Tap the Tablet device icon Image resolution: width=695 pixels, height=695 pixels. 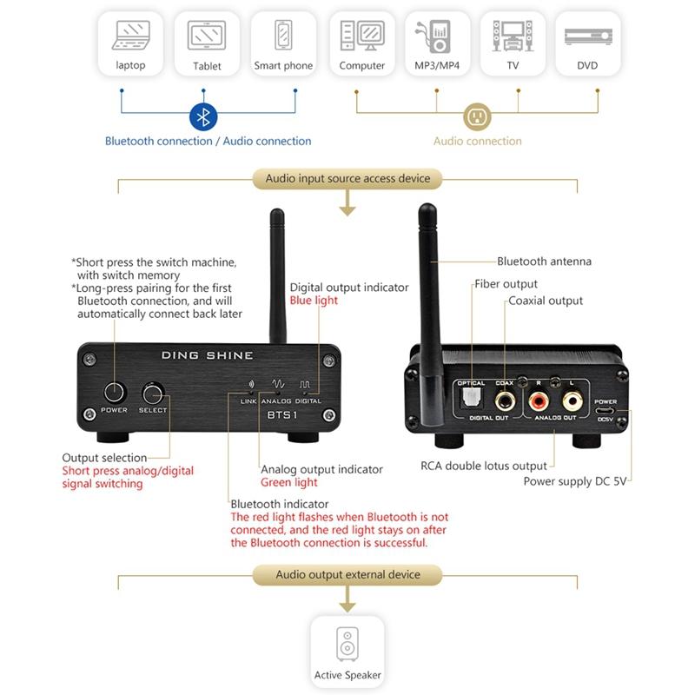point(207,36)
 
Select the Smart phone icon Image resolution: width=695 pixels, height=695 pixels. point(283,36)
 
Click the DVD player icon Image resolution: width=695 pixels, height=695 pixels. point(587,36)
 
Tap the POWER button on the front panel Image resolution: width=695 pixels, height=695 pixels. point(114,390)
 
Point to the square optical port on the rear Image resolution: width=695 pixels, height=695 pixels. point(472,399)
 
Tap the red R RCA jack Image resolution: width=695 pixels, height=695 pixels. point(539,400)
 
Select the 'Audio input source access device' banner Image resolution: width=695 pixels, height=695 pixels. point(347,179)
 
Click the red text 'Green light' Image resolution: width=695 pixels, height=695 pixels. point(289,482)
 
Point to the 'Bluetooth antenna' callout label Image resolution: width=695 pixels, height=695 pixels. point(544,261)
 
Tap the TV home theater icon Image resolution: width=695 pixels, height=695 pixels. point(513,36)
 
